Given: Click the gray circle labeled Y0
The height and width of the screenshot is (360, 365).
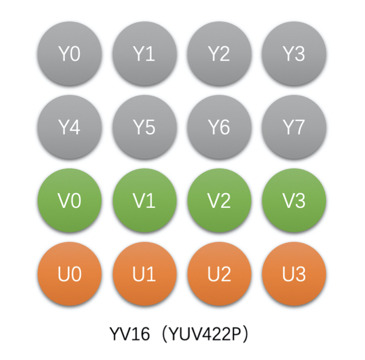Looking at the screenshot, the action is click(69, 54).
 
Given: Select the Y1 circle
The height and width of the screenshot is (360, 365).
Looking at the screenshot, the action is click(144, 54).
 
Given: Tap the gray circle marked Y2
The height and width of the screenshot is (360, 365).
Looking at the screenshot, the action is click(219, 54).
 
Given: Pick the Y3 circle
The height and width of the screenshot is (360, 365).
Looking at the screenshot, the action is click(294, 54).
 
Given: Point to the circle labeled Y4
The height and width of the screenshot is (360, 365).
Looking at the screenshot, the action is click(69, 128).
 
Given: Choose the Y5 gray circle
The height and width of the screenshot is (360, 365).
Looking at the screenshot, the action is click(144, 128).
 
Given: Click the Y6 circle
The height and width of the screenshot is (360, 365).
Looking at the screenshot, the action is click(219, 128).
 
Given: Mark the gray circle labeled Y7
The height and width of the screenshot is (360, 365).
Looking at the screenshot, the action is click(294, 128).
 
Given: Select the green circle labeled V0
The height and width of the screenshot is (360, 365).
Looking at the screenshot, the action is click(69, 201).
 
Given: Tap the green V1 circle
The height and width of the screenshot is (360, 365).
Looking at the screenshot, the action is click(144, 201).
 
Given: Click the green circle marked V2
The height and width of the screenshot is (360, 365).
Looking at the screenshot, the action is click(219, 201).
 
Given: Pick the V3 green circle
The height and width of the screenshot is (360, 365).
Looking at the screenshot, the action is click(294, 201).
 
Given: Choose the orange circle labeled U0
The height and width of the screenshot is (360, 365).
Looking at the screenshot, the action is click(69, 274).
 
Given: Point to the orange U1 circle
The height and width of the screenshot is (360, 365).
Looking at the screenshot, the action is click(144, 274).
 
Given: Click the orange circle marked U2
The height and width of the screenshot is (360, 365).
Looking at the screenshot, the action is click(219, 274).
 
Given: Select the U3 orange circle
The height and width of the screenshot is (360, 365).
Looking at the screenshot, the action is click(294, 274).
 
